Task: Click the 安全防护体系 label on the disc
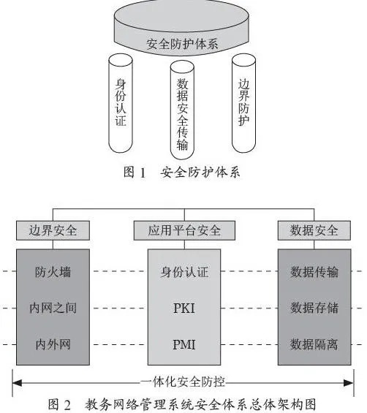[182, 44]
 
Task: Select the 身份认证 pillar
[121, 103]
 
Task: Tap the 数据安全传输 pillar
[182, 110]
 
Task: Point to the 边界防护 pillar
[243, 103]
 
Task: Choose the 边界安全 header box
[53, 230]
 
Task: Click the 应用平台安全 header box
[184, 230]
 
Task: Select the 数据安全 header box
[314, 230]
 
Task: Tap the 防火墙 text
[53, 272]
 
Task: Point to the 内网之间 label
[53, 308]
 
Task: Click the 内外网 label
[53, 344]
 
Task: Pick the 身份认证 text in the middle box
[184, 272]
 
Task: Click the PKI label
[184, 308]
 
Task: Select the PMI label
[184, 344]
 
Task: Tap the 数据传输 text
[314, 272]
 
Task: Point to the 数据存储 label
[314, 308]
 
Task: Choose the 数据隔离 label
[314, 344]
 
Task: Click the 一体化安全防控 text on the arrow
[183, 382]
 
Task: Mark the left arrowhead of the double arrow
[17, 383]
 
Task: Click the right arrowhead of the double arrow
[349, 383]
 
